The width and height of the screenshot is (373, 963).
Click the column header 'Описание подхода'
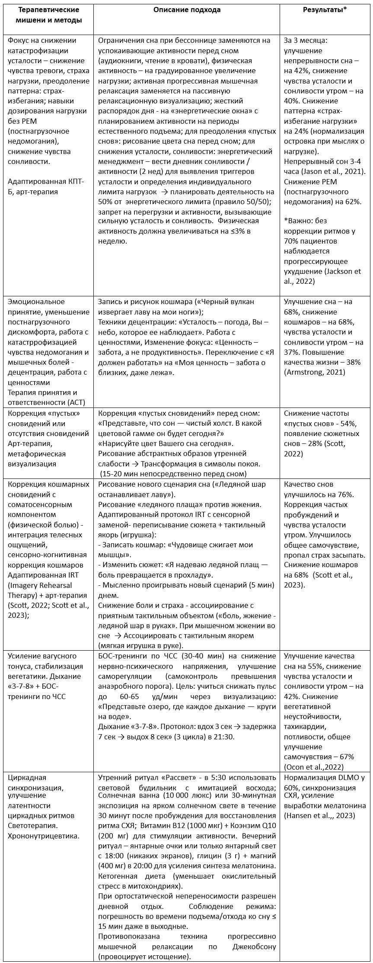[x=187, y=10]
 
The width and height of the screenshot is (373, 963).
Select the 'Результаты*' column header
[x=325, y=10]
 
